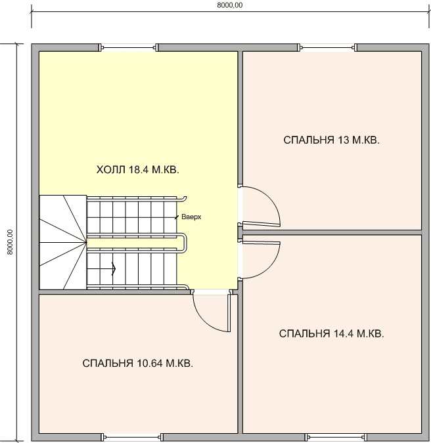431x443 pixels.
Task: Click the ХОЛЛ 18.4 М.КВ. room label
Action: pyautogui.click(x=138, y=170)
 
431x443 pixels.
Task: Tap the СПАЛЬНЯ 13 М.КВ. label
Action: pyautogui.click(x=331, y=140)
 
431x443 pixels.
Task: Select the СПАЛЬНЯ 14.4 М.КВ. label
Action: pyautogui.click(x=331, y=333)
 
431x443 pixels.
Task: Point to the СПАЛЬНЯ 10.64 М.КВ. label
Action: pyautogui.click(x=138, y=364)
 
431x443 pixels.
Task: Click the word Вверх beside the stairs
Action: pyautogui.click(x=191, y=217)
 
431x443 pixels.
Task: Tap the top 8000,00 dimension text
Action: pyautogui.click(x=230, y=5)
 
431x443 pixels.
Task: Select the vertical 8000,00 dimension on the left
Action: pyautogui.click(x=10, y=242)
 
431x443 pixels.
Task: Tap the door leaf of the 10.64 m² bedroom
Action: pyautogui.click(x=229, y=313)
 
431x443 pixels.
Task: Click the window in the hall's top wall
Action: pyautogui.click(x=129, y=47)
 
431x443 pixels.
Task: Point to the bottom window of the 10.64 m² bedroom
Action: pyautogui.click(x=132, y=437)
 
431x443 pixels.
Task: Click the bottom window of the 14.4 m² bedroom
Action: pyautogui.click(x=336, y=437)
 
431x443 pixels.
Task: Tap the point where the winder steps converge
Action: pyautogui.click(x=86, y=242)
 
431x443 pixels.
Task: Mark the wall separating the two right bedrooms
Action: pyautogui.click(x=332, y=232)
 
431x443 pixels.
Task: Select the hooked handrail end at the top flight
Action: pyautogui.click(x=183, y=199)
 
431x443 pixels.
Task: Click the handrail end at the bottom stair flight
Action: pyautogui.click(x=185, y=287)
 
